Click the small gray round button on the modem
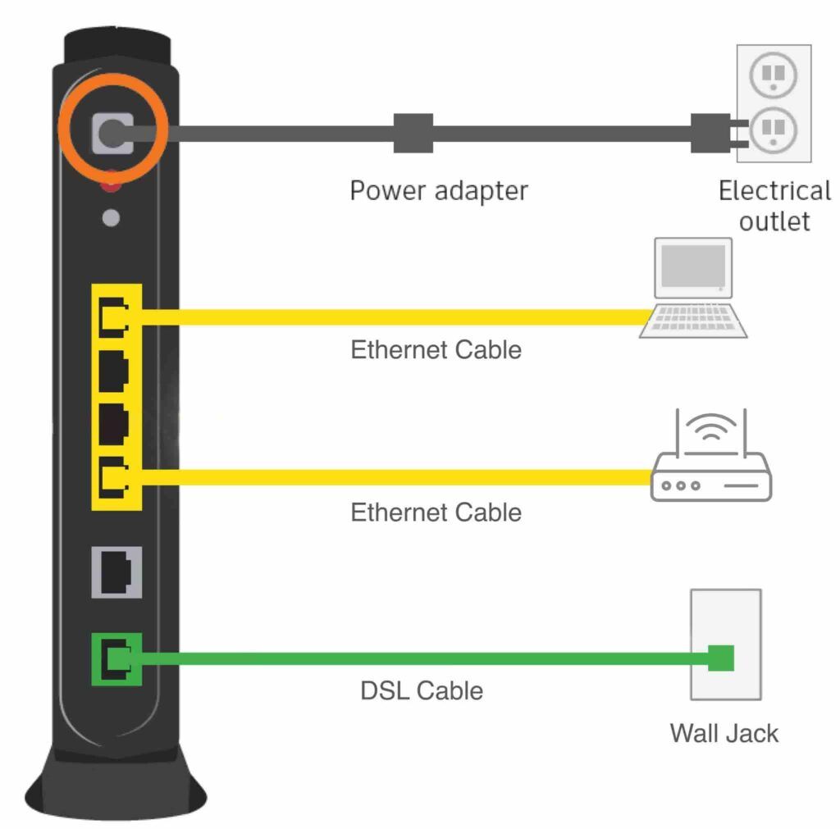(x=112, y=218)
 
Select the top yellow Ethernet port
(x=113, y=317)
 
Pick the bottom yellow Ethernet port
(x=113, y=476)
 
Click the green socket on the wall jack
(x=720, y=658)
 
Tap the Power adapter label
(x=439, y=190)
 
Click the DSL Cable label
(x=422, y=690)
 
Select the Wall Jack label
(x=724, y=731)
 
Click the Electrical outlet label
(x=774, y=205)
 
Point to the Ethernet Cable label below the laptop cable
(x=436, y=350)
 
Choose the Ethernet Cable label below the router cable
(x=436, y=512)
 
